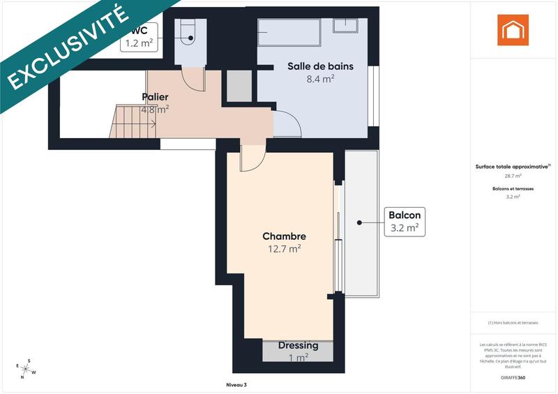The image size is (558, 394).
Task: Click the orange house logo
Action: [x=513, y=30]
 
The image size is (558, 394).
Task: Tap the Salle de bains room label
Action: [x=320, y=67]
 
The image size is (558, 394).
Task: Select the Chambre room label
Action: [x=284, y=236]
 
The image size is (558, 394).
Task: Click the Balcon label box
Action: [x=404, y=221]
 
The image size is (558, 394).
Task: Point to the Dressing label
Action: [x=298, y=345]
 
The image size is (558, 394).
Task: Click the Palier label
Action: [x=155, y=96]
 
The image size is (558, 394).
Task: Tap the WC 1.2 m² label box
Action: [x=139, y=37]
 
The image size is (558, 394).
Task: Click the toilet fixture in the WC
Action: [x=188, y=31]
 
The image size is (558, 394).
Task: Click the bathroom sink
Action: [x=345, y=25]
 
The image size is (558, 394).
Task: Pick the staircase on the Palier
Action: [x=135, y=119]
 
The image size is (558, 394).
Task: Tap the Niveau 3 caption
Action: [x=236, y=385]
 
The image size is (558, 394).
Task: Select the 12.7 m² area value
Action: [x=284, y=248]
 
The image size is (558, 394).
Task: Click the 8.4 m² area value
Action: [x=320, y=79]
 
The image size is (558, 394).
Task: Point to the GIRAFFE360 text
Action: [x=513, y=377]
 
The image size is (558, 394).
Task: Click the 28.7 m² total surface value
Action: [x=513, y=176]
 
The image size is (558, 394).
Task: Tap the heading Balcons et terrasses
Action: [x=513, y=189]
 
